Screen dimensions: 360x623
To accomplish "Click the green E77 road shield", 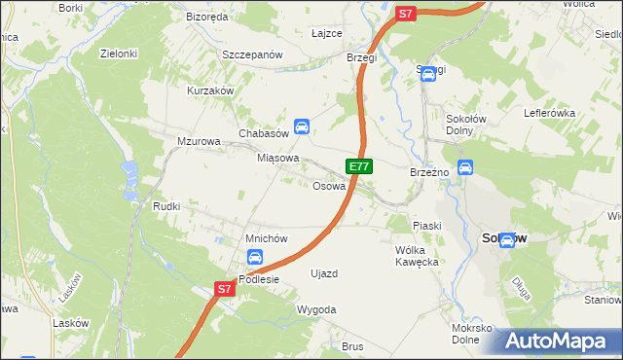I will coord(358,166).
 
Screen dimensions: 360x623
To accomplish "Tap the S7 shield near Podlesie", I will coord(225,289).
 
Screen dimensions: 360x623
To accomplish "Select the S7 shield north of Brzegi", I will coord(406,14).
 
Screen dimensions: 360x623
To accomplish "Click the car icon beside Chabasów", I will coord(303,126).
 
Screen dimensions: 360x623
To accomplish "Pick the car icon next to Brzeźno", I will coord(465,167).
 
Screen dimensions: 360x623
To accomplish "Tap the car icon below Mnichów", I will coord(254,258).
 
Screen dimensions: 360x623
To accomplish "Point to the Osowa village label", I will coord(329,186).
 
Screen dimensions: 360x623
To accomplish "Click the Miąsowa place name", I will coord(277,158).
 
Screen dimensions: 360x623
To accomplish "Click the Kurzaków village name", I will coord(211,90).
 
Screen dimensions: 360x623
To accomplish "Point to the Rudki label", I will coord(166,206).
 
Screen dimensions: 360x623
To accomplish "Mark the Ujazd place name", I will coord(324,273).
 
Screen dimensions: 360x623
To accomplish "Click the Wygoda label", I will coord(316,309).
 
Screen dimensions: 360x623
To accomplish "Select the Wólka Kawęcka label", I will coord(419,256).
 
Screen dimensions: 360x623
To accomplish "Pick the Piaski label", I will coord(426,226).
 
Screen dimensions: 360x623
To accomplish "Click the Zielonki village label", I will coord(118,54).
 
